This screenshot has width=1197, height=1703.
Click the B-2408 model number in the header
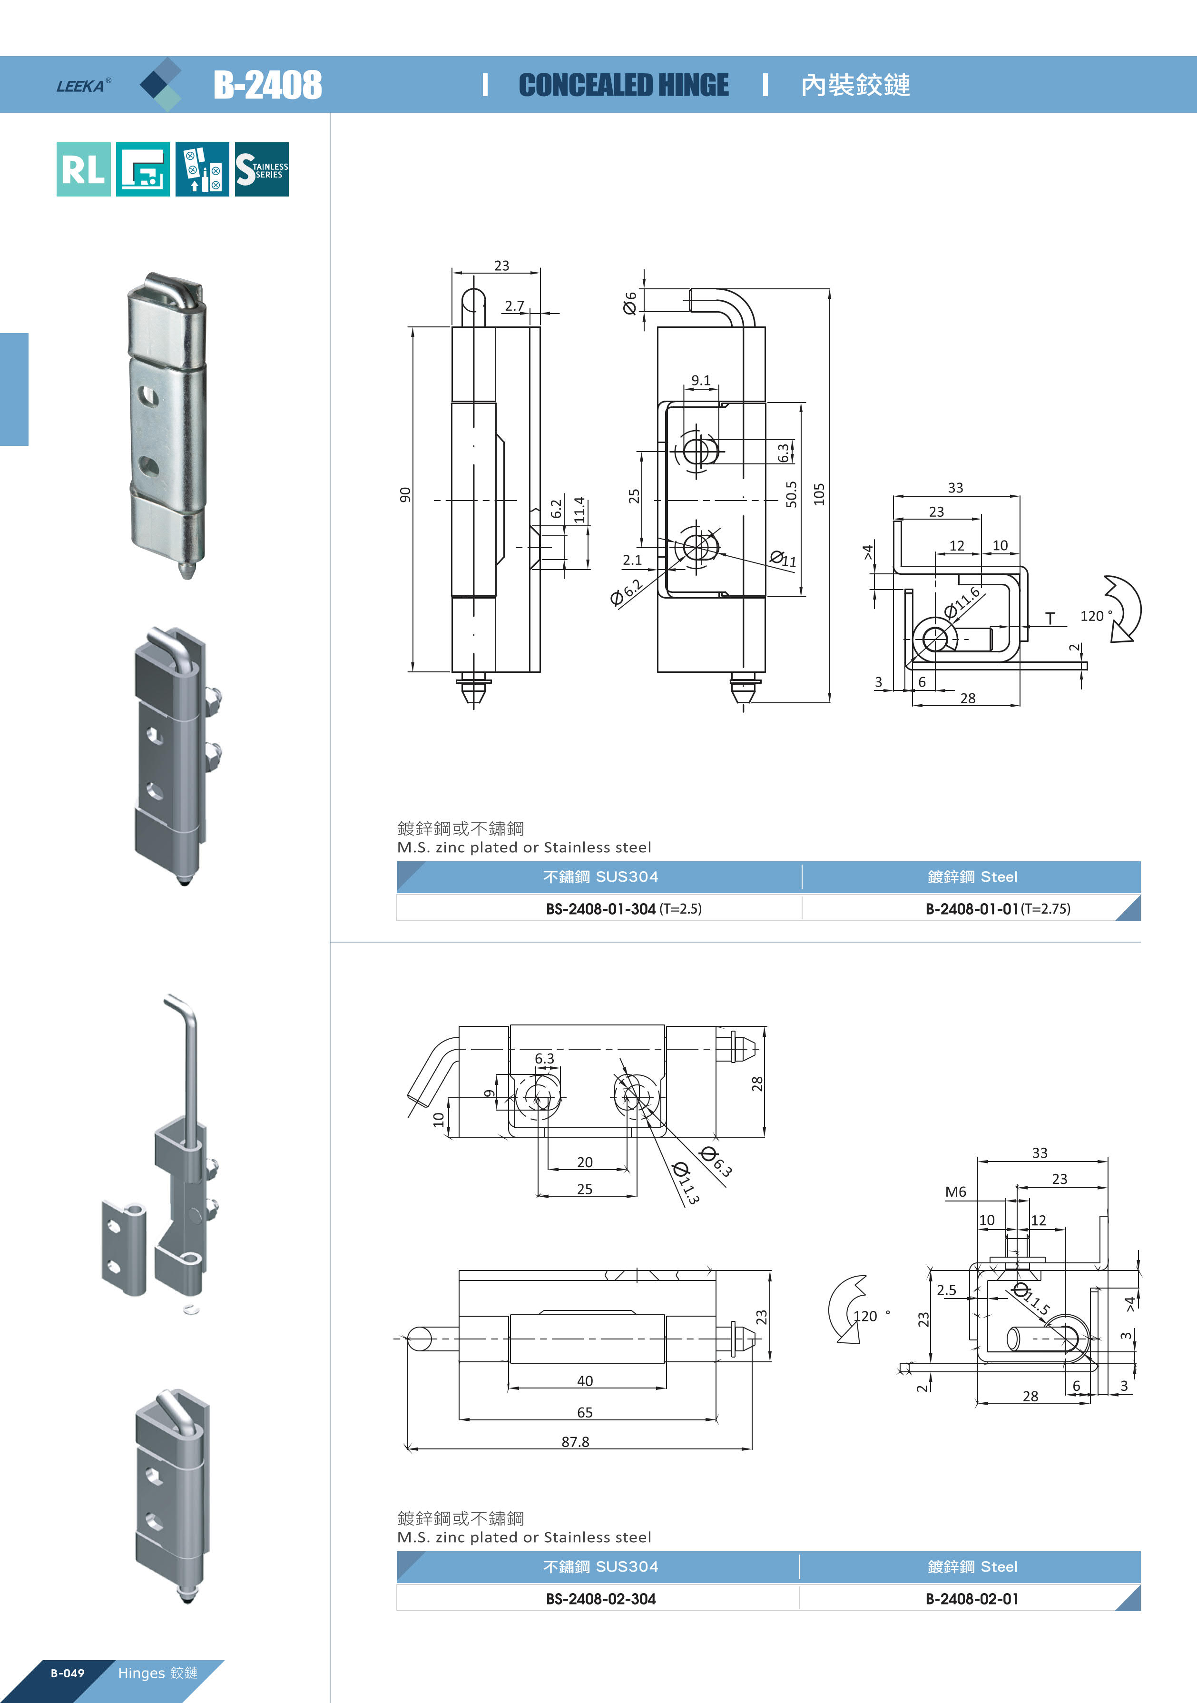pos(268,85)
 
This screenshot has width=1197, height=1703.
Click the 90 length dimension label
pos(405,495)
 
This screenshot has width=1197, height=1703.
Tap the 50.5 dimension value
pos(791,494)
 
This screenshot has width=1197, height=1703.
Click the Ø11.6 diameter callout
pos(962,601)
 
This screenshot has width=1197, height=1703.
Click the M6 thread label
pos(955,1192)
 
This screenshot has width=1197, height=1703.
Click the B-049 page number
pos(68,1673)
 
